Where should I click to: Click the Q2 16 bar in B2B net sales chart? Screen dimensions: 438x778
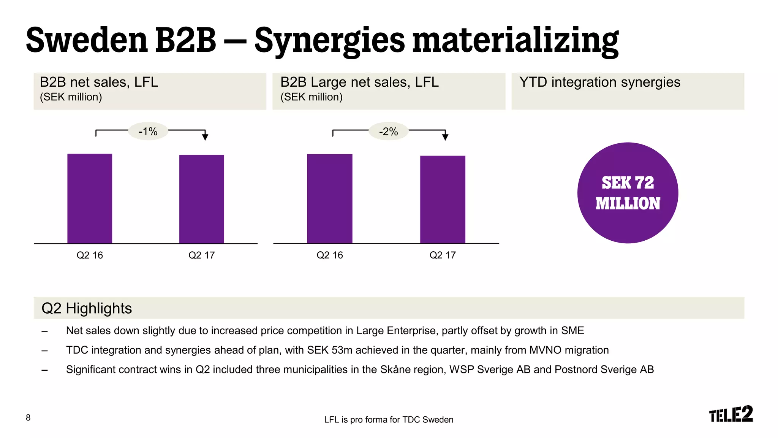[x=90, y=198]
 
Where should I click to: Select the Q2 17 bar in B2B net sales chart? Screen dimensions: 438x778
[x=202, y=199]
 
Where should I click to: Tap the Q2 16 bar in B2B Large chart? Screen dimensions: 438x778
[x=330, y=198]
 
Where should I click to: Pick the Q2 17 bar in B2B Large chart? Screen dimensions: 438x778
[x=443, y=199]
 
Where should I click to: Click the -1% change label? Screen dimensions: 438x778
[x=148, y=132]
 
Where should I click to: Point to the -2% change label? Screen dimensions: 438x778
[x=389, y=132]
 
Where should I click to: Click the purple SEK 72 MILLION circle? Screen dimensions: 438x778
[x=628, y=193]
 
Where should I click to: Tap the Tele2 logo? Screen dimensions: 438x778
[x=731, y=414]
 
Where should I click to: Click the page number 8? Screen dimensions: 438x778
[x=28, y=418]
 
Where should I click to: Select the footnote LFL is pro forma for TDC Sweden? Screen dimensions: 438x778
[x=389, y=420]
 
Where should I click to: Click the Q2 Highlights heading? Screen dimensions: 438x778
[x=87, y=308]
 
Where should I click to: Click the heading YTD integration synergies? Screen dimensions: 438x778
[x=600, y=82]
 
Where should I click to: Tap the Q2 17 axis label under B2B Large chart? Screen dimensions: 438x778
[x=443, y=255]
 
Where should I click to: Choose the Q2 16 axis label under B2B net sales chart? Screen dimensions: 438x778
[x=90, y=255]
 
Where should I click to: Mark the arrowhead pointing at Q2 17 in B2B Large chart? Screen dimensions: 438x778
[x=445, y=137]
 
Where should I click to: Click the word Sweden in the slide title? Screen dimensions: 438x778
[x=87, y=40]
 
